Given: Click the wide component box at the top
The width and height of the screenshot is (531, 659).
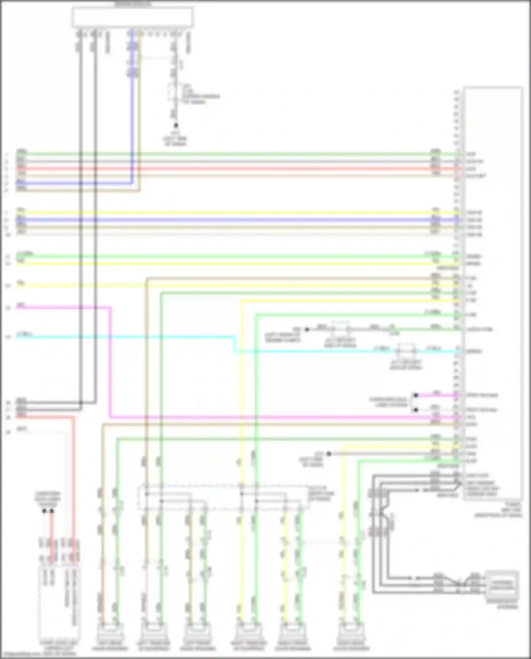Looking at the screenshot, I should pos(132,17).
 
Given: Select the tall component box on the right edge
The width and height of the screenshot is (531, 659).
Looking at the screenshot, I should pos(492,292).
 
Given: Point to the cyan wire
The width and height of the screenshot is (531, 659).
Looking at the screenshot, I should pos(142,337).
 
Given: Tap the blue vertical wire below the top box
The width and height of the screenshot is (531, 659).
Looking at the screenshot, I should pos(132,106).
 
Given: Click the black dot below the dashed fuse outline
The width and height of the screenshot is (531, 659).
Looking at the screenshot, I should pos(175,125).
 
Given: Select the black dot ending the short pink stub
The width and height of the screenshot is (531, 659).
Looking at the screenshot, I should pos(416,395).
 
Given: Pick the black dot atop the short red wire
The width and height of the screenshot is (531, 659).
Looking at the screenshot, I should pos(52,511).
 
